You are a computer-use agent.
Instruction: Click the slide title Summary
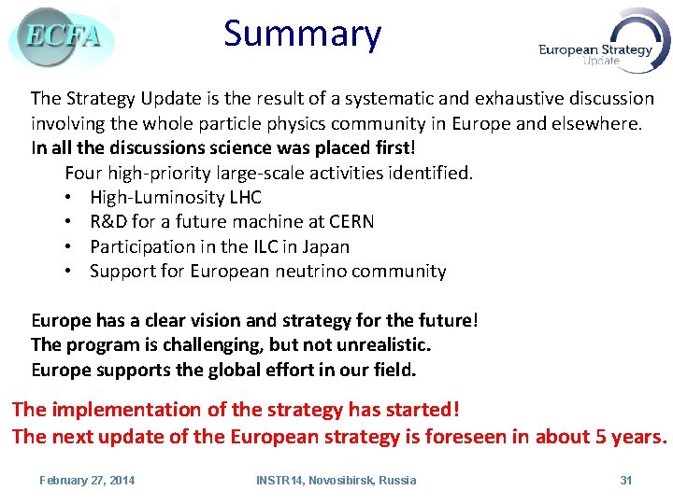pos(302,35)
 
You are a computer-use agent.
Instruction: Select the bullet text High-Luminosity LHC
pos(176,197)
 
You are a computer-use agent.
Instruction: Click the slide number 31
pos(626,480)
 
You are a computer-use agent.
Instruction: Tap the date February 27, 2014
pos(87,480)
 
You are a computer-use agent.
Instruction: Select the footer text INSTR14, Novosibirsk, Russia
pos(336,480)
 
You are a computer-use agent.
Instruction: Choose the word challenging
pos(212,344)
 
